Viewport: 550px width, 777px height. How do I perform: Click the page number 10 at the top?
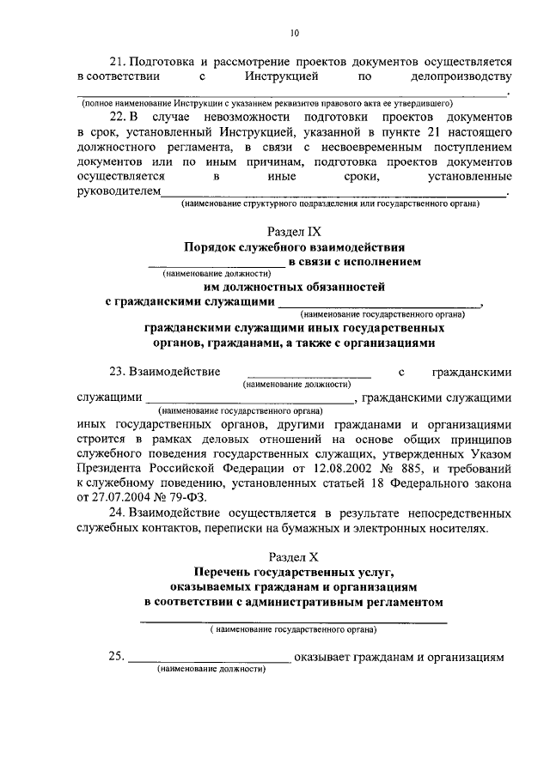(x=295, y=33)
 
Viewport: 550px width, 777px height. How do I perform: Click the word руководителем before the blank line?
(x=118, y=192)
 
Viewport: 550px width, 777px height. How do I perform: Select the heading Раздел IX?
(x=294, y=232)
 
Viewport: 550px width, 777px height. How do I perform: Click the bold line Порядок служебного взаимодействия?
(x=294, y=247)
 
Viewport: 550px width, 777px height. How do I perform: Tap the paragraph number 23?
(x=116, y=372)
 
